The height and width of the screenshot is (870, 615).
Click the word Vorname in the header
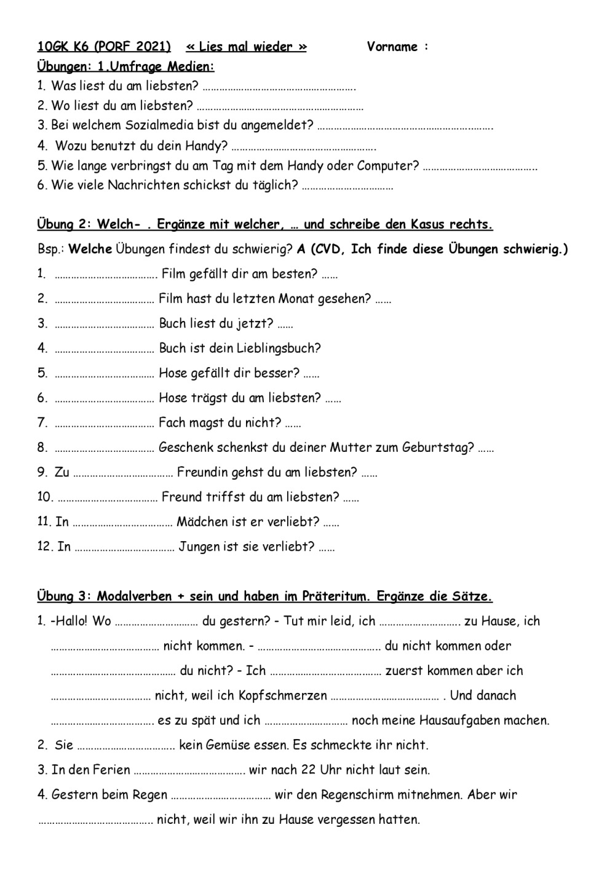coord(392,47)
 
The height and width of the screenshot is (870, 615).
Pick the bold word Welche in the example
coord(90,249)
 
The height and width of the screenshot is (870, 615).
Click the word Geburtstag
coord(438,448)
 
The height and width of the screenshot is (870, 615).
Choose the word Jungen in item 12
coord(199,547)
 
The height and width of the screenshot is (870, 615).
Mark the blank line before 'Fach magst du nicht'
coord(104,424)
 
